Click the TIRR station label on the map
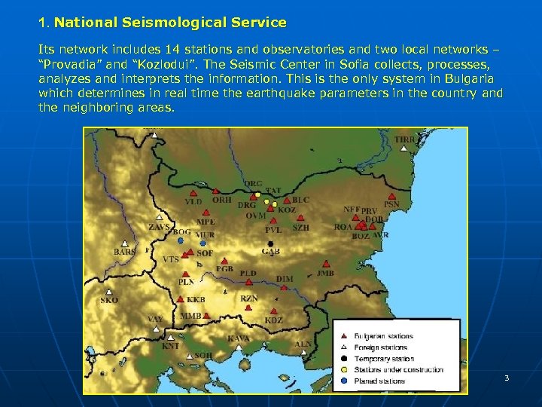[405, 140]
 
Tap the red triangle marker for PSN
[388, 195]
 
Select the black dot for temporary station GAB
[269, 243]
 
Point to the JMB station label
[325, 273]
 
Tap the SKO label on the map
[109, 300]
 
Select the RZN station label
[249, 299]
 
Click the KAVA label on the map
[239, 338]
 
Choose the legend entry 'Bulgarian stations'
[384, 336]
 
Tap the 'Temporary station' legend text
[384, 359]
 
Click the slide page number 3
[507, 378]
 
